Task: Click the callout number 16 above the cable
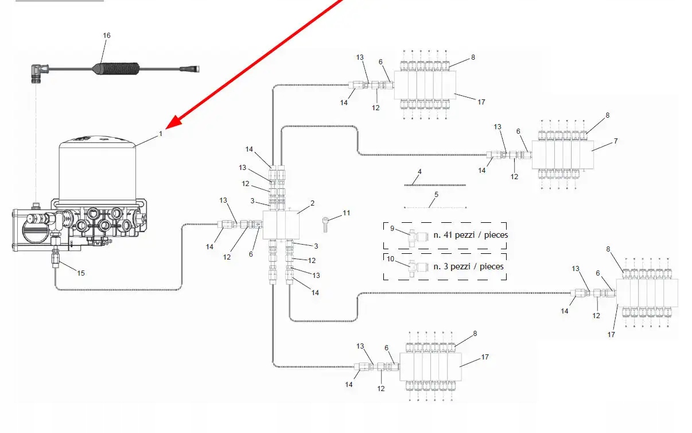pyautogui.click(x=107, y=36)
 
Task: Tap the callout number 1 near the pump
pyautogui.click(x=161, y=133)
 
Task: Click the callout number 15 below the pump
pyautogui.click(x=81, y=273)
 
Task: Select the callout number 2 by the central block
pyautogui.click(x=313, y=203)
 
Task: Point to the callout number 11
pyautogui.click(x=346, y=213)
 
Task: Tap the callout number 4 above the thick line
pyautogui.click(x=419, y=172)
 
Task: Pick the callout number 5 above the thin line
pyautogui.click(x=436, y=195)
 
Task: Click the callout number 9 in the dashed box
pyautogui.click(x=392, y=229)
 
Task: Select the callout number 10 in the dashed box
pyautogui.click(x=391, y=259)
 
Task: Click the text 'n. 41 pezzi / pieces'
pyautogui.click(x=471, y=235)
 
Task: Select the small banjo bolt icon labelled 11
pyautogui.click(x=326, y=222)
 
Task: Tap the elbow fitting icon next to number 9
pyautogui.click(x=417, y=236)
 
